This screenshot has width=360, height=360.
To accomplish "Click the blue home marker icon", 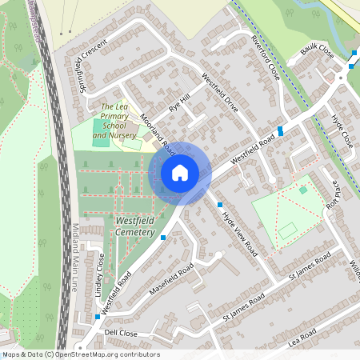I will [180, 173].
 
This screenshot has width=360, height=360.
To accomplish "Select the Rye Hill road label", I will [180, 102].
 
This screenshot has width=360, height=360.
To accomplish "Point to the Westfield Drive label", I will [220, 93].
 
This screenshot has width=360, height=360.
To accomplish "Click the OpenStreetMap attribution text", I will [80, 354].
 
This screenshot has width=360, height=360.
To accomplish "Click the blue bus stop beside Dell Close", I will [98, 317].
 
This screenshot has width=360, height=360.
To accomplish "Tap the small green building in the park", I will [303, 190].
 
